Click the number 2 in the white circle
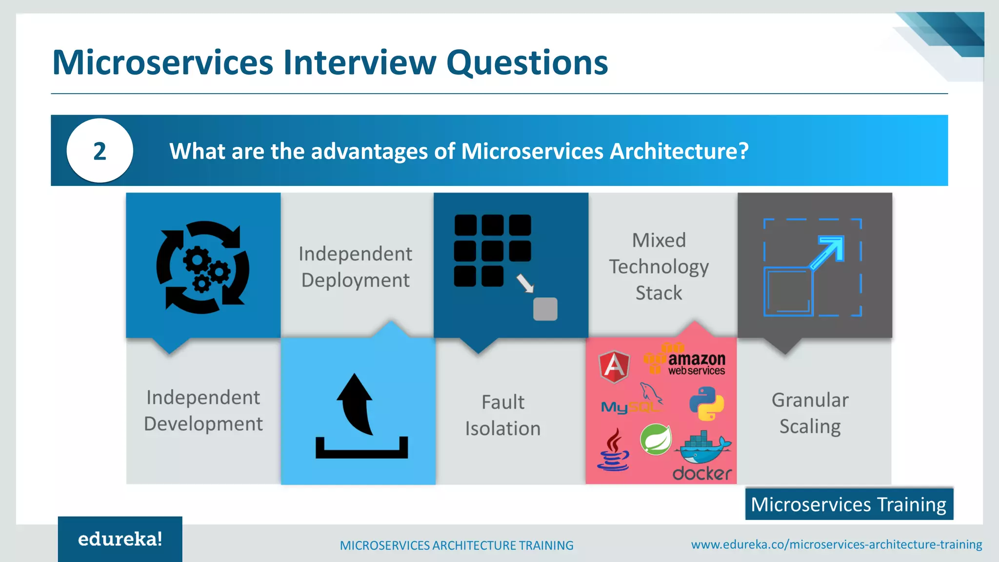point(100,151)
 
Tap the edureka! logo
point(120,539)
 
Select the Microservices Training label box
point(849,504)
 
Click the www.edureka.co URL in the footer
point(836,544)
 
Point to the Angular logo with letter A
point(614,366)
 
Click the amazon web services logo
point(686,361)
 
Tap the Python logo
point(706,403)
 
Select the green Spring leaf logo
point(656,440)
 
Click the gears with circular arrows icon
point(202,267)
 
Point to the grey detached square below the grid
point(545,309)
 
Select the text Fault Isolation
point(503,415)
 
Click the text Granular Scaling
point(810,413)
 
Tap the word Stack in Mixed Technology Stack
point(659,293)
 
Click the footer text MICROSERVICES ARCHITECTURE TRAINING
point(457,545)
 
